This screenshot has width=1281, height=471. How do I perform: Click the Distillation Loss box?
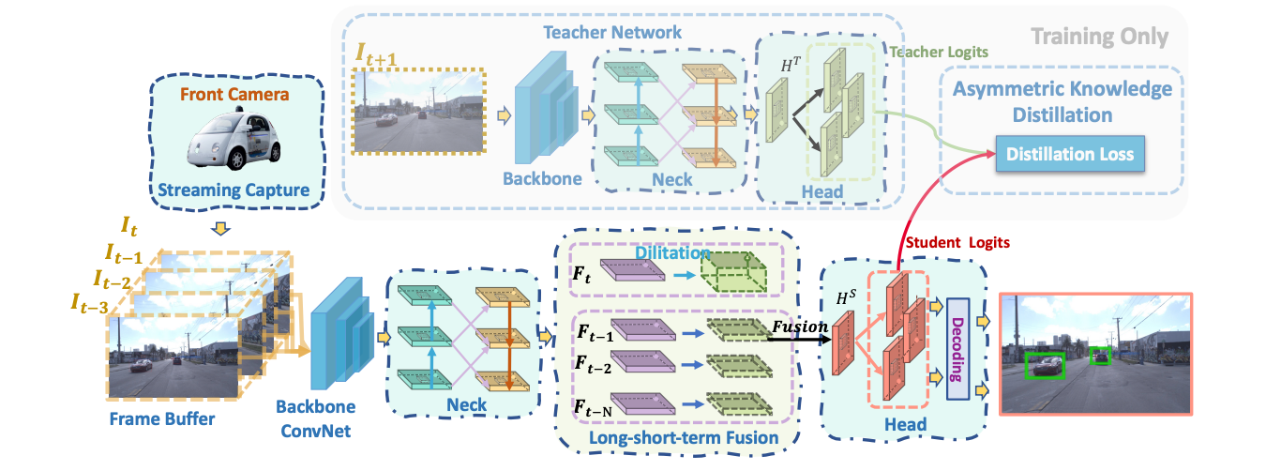tap(1069, 155)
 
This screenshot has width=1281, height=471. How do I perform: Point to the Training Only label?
tap(1099, 38)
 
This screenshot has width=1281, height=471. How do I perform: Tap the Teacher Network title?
tap(613, 32)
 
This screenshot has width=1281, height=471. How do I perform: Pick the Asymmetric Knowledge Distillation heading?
tap(1062, 102)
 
